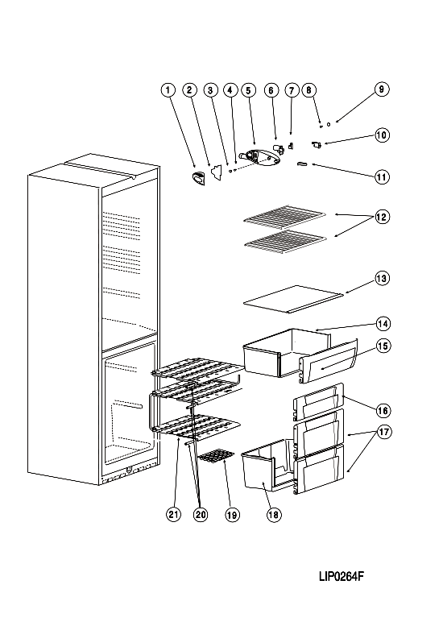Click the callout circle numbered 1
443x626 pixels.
(168, 89)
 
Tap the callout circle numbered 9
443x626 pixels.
(382, 89)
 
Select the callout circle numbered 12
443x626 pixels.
(382, 217)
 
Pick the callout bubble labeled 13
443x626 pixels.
(382, 278)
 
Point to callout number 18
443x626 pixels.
(273, 515)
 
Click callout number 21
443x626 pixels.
(174, 514)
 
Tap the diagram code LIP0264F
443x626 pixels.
(342, 576)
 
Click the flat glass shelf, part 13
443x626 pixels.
(293, 299)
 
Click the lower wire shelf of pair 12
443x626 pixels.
(284, 241)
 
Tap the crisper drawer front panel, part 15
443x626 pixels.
(328, 361)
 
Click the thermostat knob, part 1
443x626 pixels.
(198, 179)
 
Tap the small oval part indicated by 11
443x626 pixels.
(303, 164)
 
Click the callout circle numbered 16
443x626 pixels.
(383, 410)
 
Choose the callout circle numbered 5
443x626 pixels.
(248, 89)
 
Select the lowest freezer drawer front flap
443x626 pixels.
(318, 469)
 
